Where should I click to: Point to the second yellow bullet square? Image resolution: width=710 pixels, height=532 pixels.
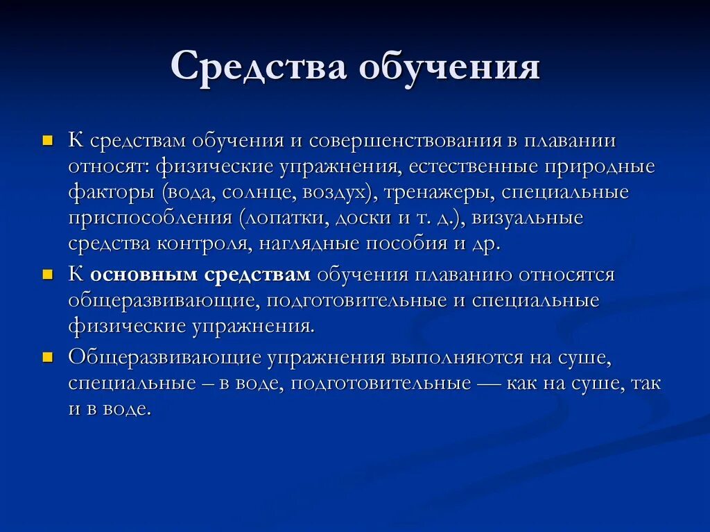(48, 275)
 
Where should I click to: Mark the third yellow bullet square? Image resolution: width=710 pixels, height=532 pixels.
(48, 358)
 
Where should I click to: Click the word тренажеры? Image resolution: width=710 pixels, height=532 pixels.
(433, 193)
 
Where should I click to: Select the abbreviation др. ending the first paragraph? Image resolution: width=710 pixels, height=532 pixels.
(485, 245)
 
